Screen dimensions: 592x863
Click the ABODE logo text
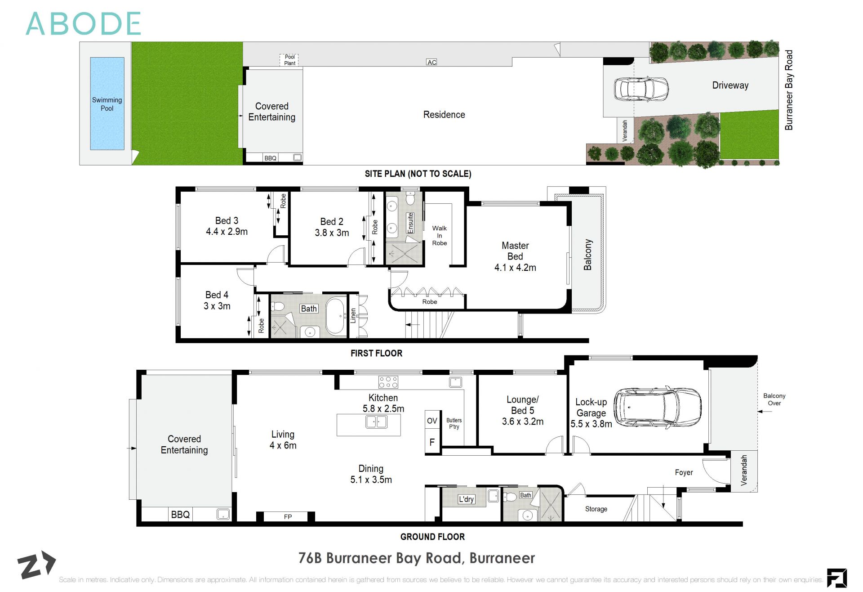84,24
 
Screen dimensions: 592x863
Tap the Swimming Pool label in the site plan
107,104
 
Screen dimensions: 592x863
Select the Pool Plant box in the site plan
289,60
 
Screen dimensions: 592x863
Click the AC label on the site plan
431,62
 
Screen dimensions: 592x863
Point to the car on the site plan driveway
641,88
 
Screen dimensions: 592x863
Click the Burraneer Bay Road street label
789,90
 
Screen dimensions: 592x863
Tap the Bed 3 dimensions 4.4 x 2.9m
227,232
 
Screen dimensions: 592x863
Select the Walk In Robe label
439,235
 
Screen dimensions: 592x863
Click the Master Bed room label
515,251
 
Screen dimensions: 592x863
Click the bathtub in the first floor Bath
335,315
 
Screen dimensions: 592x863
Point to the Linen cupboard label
353,316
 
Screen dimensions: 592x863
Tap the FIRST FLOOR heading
376,353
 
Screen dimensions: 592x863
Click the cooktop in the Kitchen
388,382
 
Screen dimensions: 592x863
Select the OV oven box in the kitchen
432,421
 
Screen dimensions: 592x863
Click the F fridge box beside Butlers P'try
432,442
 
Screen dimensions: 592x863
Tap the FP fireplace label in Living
288,516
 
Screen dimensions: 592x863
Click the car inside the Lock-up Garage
657,407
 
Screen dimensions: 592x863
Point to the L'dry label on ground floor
466,499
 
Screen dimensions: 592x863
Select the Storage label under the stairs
596,509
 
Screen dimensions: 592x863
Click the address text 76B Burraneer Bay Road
416,558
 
